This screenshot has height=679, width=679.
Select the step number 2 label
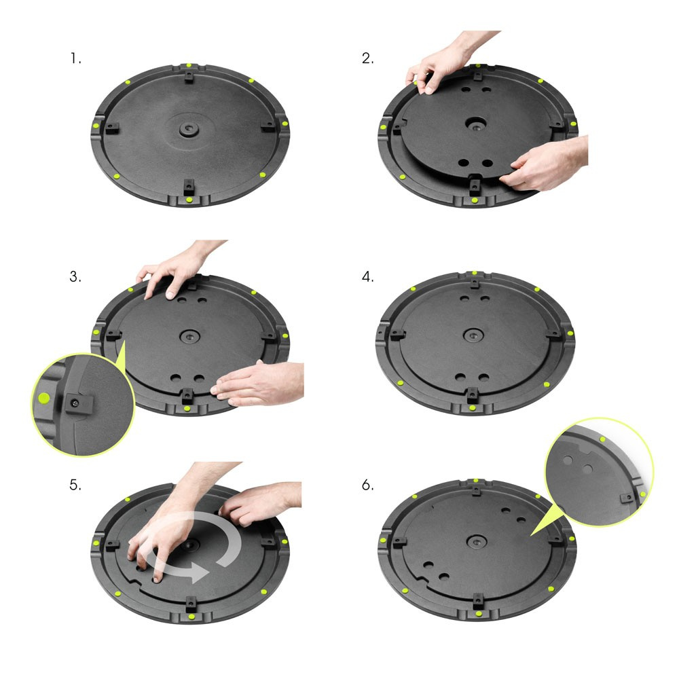coord(367,59)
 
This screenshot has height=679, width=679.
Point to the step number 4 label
coord(368,277)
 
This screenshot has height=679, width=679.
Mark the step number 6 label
coord(368,485)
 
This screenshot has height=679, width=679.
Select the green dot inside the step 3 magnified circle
coord(45,397)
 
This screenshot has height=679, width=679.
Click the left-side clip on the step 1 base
coord(112,126)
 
